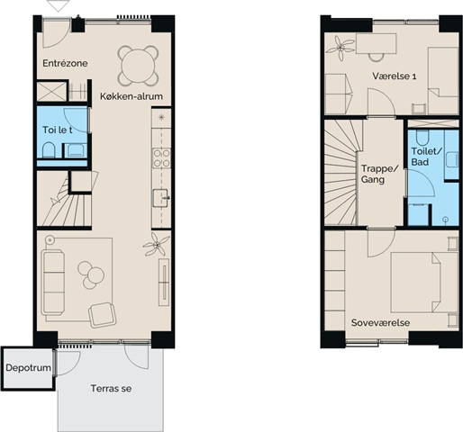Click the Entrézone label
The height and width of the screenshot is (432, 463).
[65, 63]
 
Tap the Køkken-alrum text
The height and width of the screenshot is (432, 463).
[132, 96]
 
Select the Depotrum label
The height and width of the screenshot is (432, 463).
[28, 367]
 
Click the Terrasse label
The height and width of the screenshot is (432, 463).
[111, 389]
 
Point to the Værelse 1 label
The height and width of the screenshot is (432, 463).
[395, 76]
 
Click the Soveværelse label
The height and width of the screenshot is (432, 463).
[380, 323]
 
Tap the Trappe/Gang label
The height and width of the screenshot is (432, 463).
[379, 174]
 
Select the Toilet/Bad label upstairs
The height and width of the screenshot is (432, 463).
[427, 157]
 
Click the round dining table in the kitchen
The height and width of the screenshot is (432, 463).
[138, 65]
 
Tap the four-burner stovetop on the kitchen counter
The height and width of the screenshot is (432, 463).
[161, 158]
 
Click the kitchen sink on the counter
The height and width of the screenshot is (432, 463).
[160, 198]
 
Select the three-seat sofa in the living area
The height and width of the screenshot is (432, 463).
[53, 283]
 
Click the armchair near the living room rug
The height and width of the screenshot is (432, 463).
[103, 315]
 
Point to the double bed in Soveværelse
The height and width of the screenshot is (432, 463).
[424, 283]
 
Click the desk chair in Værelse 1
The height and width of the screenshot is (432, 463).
[377, 57]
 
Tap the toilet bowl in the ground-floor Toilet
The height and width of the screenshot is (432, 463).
[48, 150]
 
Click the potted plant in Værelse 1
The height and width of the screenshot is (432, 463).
[340, 48]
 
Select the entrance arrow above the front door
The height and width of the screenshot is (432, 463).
[59, 5]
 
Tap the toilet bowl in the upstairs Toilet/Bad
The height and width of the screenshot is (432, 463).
[422, 138]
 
